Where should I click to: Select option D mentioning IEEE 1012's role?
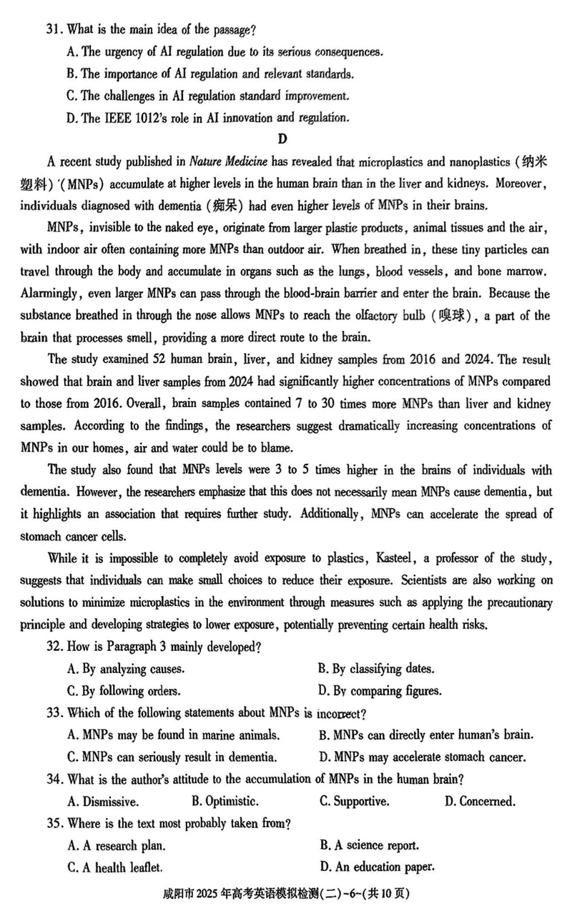click(207, 117)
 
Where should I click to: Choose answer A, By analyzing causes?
click(126, 669)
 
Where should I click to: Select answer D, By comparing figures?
click(380, 691)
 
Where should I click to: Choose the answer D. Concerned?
click(479, 801)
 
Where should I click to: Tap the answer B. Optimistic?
click(225, 801)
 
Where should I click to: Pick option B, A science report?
click(370, 845)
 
